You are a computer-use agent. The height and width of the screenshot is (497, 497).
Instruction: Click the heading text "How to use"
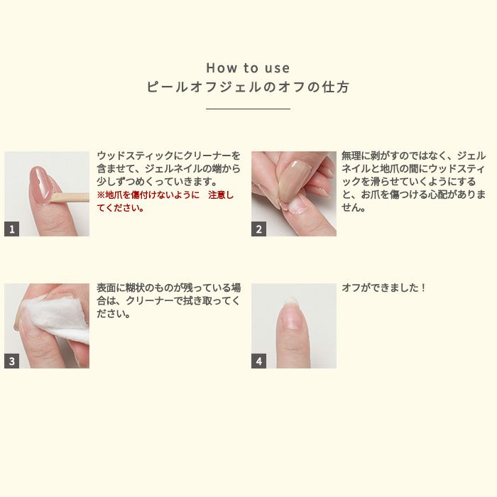(x=248, y=68)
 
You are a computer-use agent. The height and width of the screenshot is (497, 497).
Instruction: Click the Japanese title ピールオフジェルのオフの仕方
(x=248, y=87)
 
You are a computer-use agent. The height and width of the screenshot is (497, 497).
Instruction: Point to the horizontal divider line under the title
(x=248, y=109)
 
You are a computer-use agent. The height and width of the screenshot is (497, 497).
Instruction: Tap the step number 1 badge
(x=12, y=229)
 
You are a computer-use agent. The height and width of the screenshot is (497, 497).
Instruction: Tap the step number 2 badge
(x=258, y=229)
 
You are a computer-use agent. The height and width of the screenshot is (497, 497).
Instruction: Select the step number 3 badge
(x=12, y=361)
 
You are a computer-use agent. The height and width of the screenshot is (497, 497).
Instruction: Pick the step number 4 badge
(x=258, y=361)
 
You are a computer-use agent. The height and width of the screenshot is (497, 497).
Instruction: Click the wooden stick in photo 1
(x=70, y=197)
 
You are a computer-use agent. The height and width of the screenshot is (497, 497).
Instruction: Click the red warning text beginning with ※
(x=165, y=201)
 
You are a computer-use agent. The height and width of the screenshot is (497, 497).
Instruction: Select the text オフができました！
(x=383, y=288)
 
